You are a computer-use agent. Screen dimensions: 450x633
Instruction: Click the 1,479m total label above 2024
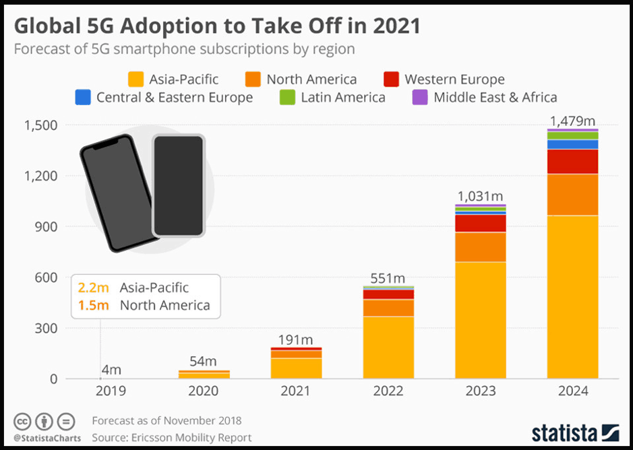[x=572, y=121]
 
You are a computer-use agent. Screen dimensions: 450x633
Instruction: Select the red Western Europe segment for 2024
[x=572, y=161]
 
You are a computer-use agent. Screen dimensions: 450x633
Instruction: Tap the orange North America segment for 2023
[x=480, y=247]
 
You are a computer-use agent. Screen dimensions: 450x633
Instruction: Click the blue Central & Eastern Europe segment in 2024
[x=572, y=144]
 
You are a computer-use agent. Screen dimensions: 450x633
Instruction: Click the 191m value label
[x=297, y=339]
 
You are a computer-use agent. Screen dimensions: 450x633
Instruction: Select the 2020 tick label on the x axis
[x=204, y=391]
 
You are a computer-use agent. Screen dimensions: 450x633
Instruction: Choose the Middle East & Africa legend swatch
[x=420, y=97]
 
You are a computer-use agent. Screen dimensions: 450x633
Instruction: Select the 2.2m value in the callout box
[x=93, y=288]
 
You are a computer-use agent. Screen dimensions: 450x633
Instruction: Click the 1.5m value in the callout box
[x=93, y=305]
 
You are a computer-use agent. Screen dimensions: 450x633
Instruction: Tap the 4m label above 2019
[x=112, y=369]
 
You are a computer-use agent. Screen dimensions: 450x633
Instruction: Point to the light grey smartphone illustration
[x=178, y=185]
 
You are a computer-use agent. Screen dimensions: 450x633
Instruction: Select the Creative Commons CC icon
[x=22, y=422]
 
